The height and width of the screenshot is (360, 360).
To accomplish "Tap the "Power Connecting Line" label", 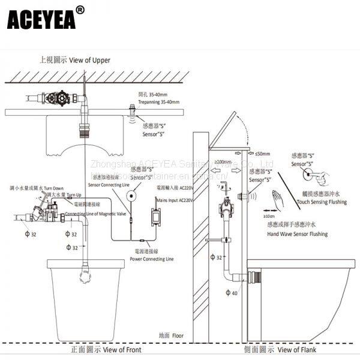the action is [152, 259].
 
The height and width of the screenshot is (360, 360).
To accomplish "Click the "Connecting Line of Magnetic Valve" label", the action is [94, 214].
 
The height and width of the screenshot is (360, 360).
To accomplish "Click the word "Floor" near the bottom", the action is [178, 335].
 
